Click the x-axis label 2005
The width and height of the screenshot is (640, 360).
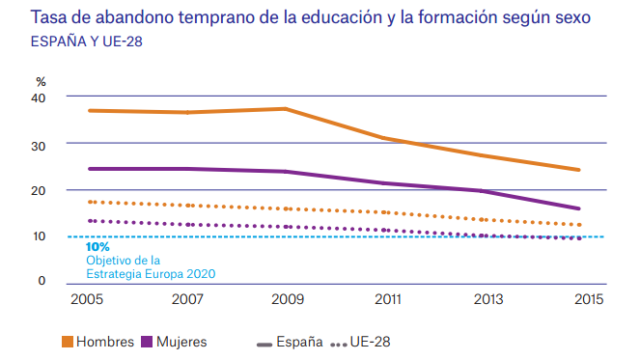pyautogui.click(x=86, y=300)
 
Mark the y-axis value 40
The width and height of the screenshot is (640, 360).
pyautogui.click(x=39, y=97)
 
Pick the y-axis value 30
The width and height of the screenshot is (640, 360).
pyautogui.click(x=39, y=144)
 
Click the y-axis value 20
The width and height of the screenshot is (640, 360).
pyautogui.click(x=39, y=190)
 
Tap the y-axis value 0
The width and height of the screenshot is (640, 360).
pyautogui.click(x=42, y=281)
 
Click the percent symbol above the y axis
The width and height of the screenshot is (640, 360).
pyautogui.click(x=41, y=80)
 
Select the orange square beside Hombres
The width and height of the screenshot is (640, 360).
pyautogui.click(x=68, y=342)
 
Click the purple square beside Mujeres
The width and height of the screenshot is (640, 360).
pyautogui.click(x=147, y=342)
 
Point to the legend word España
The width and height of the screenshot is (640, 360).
pyautogui.click(x=300, y=342)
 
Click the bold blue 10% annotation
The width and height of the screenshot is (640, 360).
pyautogui.click(x=97, y=247)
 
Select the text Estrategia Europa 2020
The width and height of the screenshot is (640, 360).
pyautogui.click(x=151, y=273)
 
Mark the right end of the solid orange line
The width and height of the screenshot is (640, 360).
pyautogui.click(x=579, y=170)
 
